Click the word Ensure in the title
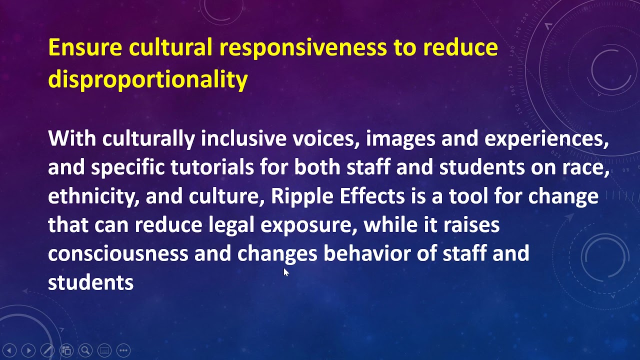(x=85, y=47)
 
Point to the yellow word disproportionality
(x=147, y=80)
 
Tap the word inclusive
(x=243, y=138)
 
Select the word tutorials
(x=212, y=167)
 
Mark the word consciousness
(x=118, y=254)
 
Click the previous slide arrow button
(x=9, y=350)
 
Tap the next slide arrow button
(x=28, y=350)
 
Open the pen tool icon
(x=47, y=350)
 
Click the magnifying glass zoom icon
(x=85, y=350)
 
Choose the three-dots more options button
(x=123, y=350)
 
